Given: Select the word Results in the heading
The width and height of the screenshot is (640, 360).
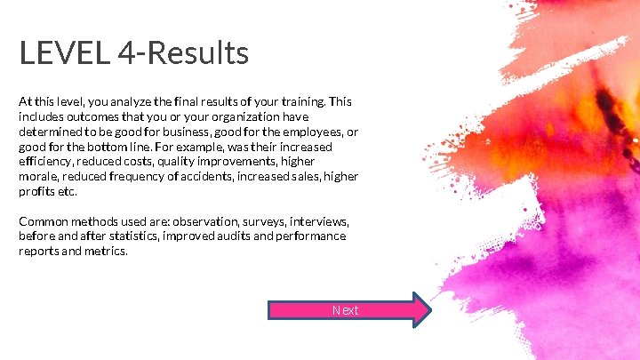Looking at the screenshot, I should tap(200, 54).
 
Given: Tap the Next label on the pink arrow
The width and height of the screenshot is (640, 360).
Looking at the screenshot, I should tap(345, 310).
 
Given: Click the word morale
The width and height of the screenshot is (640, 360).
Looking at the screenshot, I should tap(38, 177).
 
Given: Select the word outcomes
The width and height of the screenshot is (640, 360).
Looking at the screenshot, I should tap(93, 116).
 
